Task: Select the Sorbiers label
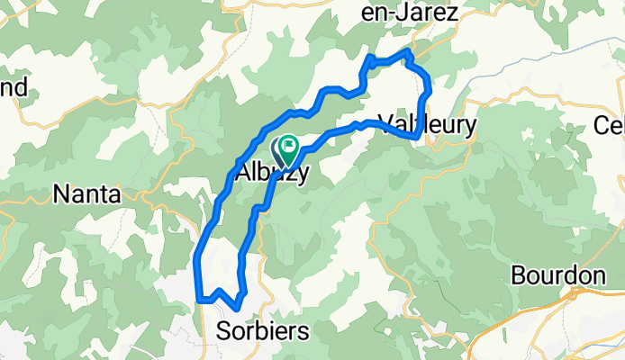coord(262,331)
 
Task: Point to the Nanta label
coord(88,193)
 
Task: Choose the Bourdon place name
coord(557,275)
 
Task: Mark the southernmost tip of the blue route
coord(236,310)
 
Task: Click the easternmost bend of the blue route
coord(430,91)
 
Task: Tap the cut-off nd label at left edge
coord(14,87)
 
